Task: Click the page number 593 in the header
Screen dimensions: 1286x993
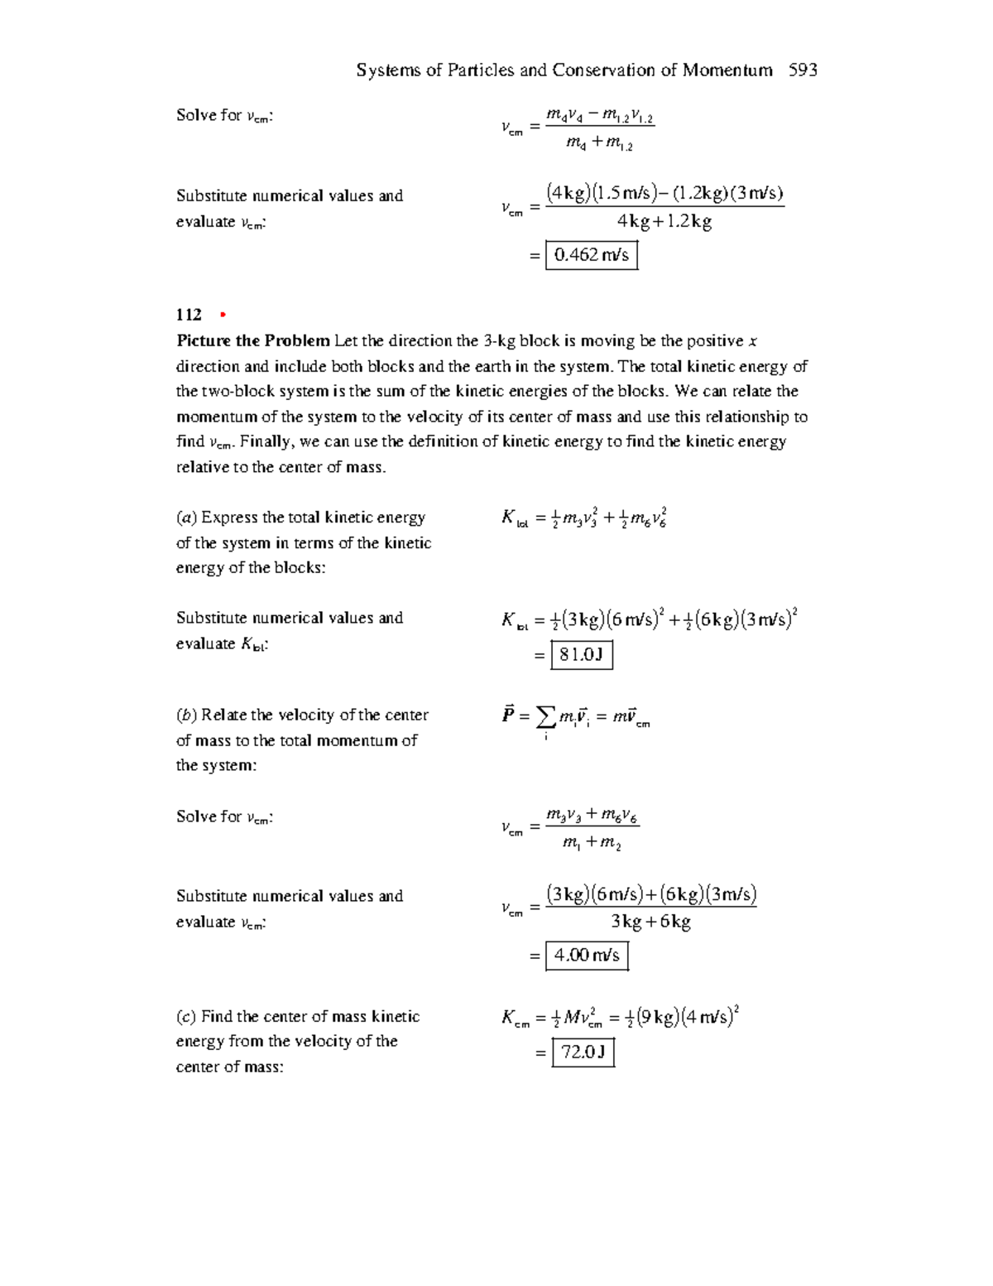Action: [x=803, y=70]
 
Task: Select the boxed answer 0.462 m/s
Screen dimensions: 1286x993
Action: [x=591, y=255]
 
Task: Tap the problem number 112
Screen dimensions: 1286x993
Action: [x=189, y=315]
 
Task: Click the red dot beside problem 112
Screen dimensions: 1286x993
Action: [x=222, y=315]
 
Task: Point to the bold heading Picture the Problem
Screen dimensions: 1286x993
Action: [x=252, y=341]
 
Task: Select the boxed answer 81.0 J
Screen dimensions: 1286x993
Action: [x=581, y=655]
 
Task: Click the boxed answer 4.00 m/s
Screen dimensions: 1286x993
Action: [x=586, y=956]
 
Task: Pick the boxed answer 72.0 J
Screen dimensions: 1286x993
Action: [x=583, y=1052]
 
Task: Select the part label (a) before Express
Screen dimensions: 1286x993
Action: [x=186, y=518]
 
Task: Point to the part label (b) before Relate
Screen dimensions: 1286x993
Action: [x=186, y=715]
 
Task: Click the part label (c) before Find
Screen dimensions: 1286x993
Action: [x=186, y=1017]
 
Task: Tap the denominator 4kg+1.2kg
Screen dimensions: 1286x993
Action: [x=664, y=222]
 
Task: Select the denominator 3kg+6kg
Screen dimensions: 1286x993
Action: [x=650, y=922]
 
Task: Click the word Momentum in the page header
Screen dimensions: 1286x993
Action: [x=727, y=70]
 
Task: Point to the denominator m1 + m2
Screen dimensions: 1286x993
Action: [x=591, y=843]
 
